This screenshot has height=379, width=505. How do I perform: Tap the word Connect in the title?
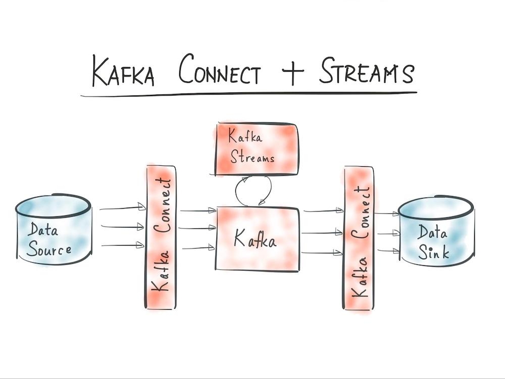tap(220, 72)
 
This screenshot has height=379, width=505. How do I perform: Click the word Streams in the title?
tap(366, 72)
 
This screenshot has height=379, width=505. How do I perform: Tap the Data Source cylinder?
tap(53, 230)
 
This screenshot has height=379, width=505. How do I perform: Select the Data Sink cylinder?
tap(437, 230)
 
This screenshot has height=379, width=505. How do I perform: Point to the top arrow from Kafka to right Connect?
tap(323, 211)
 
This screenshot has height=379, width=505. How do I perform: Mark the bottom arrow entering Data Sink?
tap(388, 250)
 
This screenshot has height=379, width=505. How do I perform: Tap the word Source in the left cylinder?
tap(49, 249)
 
